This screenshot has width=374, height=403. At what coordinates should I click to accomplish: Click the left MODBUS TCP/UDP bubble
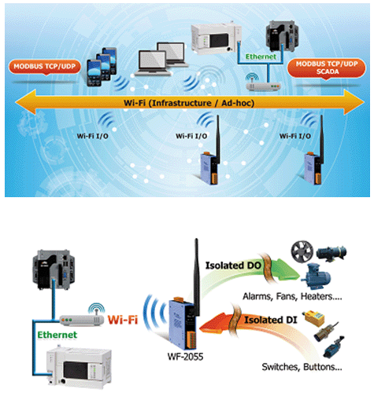[45, 67]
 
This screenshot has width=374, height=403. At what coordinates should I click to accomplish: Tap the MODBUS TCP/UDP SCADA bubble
[327, 68]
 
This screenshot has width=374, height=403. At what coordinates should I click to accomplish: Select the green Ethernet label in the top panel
[261, 57]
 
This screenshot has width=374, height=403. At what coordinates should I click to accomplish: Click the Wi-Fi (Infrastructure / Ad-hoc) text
[189, 103]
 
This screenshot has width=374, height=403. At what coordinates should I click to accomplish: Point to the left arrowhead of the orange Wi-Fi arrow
[26, 102]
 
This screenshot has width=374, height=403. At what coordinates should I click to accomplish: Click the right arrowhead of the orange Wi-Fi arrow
[354, 102]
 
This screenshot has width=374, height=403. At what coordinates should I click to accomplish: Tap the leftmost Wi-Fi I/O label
[92, 136]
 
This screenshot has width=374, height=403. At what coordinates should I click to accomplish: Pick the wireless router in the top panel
[263, 83]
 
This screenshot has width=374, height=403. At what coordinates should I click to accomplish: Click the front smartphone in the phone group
[94, 73]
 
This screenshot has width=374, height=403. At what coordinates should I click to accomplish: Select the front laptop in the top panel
[153, 64]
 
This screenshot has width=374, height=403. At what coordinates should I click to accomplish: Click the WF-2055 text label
[185, 357]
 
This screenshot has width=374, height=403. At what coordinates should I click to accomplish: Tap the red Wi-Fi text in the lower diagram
[123, 320]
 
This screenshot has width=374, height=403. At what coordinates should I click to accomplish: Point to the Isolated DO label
[233, 266]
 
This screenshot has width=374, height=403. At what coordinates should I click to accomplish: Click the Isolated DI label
[271, 320]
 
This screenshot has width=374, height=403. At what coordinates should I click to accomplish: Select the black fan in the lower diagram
[302, 251]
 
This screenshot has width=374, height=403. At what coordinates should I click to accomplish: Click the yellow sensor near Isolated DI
[314, 318]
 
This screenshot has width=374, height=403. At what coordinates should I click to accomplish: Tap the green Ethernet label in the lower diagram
[57, 335]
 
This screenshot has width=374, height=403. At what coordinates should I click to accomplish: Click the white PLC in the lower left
[79, 366]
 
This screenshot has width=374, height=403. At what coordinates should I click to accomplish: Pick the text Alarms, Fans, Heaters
[292, 296]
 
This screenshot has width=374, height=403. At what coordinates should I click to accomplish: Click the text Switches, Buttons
[302, 367]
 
